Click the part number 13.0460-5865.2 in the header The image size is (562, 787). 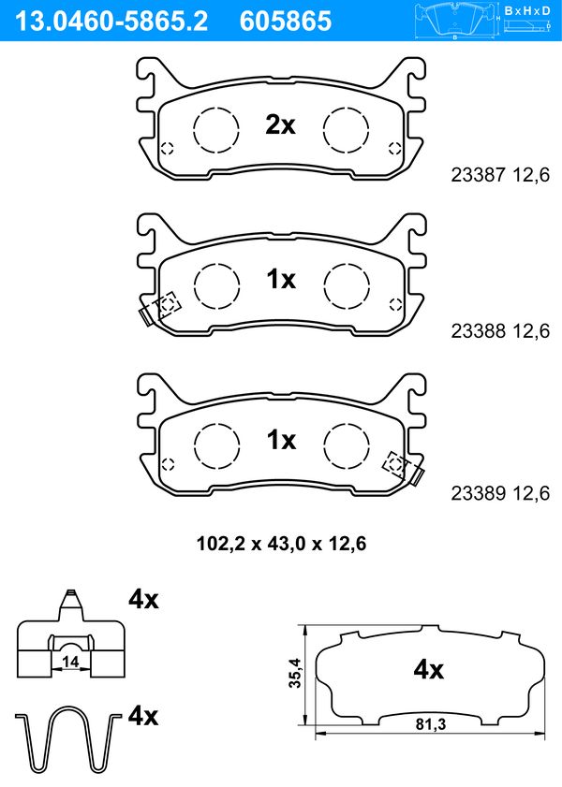(x=111, y=22)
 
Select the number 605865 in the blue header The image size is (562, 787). (x=286, y=22)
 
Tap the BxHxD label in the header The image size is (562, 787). (x=527, y=10)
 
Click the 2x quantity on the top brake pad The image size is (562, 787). (x=280, y=124)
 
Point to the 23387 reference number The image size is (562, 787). (x=478, y=175)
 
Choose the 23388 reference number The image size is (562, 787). (x=478, y=330)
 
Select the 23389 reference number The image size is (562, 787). (x=478, y=493)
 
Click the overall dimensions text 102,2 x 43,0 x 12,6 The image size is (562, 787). (x=281, y=544)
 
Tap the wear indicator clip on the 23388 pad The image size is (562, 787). (x=160, y=308)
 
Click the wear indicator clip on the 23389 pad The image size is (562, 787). (x=404, y=468)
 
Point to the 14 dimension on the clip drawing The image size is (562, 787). (x=71, y=662)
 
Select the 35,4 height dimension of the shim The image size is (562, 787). (x=295, y=673)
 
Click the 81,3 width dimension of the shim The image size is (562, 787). (x=431, y=724)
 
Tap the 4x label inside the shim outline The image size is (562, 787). (x=428, y=669)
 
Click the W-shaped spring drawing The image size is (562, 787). (x=68, y=739)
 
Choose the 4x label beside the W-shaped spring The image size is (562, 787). (x=143, y=715)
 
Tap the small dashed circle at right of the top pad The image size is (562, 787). (x=394, y=148)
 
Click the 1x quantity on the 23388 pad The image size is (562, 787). (x=281, y=279)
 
